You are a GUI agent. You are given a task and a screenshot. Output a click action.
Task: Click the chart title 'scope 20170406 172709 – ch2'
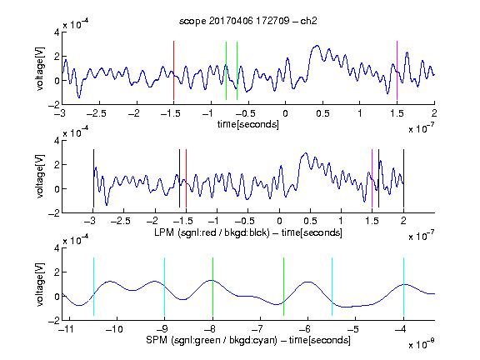tap(248, 21)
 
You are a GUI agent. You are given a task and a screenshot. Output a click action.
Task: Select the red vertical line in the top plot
tap(173, 70)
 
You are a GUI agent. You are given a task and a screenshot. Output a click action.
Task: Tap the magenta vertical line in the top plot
tap(397, 70)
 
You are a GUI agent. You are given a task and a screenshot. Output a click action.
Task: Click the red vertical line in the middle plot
tap(186, 178)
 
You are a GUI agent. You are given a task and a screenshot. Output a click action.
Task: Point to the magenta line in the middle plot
tap(372, 178)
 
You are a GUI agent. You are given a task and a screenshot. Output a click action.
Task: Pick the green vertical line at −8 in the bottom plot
tap(212, 287)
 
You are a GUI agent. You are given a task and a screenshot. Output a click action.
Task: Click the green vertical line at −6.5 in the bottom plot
tap(284, 287)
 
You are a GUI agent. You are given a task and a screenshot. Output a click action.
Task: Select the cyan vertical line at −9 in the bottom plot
tap(165, 287)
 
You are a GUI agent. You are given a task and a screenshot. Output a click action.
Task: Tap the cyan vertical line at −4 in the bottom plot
tap(404, 287)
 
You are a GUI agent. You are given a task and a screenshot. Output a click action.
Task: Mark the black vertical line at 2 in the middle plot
tap(404, 178)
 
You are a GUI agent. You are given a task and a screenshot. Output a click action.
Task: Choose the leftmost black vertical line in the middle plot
tap(93, 178)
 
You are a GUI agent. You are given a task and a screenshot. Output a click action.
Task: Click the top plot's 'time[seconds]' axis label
tap(248, 124)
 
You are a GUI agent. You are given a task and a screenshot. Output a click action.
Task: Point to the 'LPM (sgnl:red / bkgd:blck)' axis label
tap(212, 232)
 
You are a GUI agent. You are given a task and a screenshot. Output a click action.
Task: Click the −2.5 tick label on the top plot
tap(96, 113)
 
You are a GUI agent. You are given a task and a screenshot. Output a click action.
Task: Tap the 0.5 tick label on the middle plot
tap(310, 221)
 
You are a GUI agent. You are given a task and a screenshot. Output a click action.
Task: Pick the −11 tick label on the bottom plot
tap(65, 329)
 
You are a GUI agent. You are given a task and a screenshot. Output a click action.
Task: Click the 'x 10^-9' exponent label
tap(421, 344)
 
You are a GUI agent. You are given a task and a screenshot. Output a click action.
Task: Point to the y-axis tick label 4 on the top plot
tap(57, 32)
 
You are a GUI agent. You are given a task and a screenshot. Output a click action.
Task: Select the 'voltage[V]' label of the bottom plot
tap(40, 284)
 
